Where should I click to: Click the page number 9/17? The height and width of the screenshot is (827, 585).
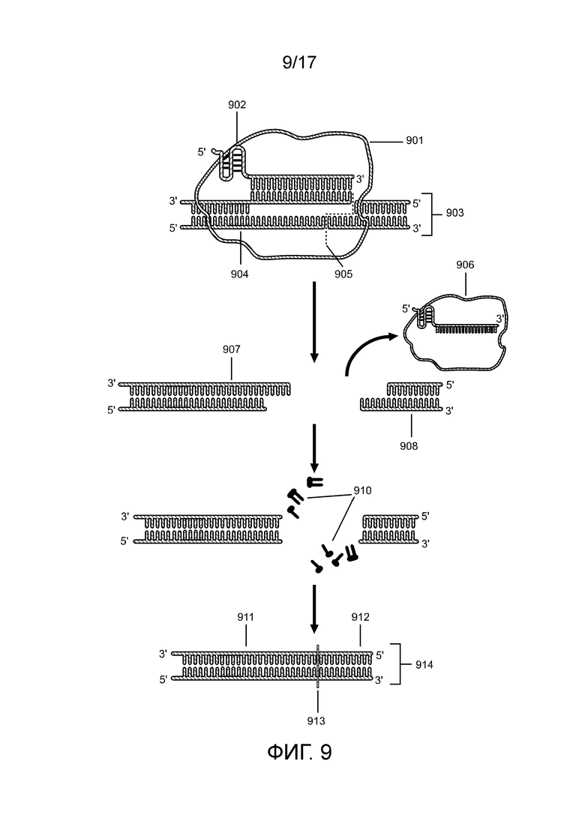coord(299,62)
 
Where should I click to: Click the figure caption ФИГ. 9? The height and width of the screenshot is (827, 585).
coord(299,751)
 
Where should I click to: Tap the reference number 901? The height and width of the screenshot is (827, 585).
coord(415,139)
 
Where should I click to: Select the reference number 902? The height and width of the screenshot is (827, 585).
coord(238,106)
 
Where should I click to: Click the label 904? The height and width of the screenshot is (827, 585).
coord(239,274)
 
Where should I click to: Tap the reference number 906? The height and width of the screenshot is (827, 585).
coord(464,265)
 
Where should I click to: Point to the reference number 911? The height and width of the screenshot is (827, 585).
coord(246,617)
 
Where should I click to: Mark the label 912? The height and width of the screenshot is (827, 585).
coord(361,617)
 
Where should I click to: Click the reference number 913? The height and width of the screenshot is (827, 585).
coord(317,721)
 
